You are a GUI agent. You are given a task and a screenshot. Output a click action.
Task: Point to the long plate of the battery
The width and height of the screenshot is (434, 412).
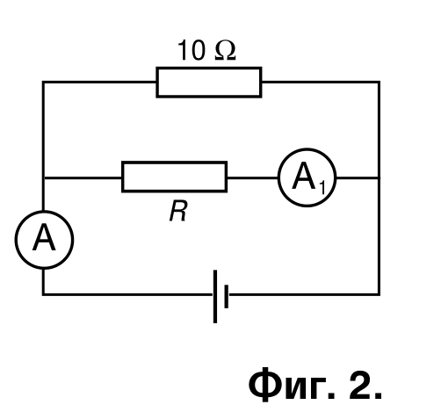pos(215,296)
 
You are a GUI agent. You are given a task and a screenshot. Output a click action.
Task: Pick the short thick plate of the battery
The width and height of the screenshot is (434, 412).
pos(227,296)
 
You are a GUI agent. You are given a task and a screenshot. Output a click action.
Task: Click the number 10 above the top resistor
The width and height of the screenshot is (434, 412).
pos(191,50)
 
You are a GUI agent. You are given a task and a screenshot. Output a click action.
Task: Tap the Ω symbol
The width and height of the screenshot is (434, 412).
pos(225,50)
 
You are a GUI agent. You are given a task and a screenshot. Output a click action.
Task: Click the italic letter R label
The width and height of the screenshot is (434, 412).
pos(178,212)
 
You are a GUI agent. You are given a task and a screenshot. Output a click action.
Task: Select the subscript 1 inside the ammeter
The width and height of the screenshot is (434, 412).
pos(322,187)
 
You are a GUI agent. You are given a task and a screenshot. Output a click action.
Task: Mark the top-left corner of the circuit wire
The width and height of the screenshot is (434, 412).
pos(43,82)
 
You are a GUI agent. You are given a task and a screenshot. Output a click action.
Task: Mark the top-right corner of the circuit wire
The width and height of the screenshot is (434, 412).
pos(380,82)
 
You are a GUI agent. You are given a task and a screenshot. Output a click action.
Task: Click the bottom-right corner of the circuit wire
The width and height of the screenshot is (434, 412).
pos(380,294)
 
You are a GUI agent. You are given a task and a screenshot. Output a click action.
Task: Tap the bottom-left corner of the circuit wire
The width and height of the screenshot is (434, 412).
pos(43,294)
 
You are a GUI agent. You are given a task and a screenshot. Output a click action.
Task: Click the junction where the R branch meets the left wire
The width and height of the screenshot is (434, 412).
pos(43,177)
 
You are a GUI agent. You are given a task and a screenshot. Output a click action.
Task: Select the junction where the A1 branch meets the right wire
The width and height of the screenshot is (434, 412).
pos(380,177)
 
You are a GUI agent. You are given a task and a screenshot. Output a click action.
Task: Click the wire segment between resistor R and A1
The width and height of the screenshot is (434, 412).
pos(253,177)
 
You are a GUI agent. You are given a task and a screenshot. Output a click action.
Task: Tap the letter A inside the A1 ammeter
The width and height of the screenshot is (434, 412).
pos(304,176)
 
